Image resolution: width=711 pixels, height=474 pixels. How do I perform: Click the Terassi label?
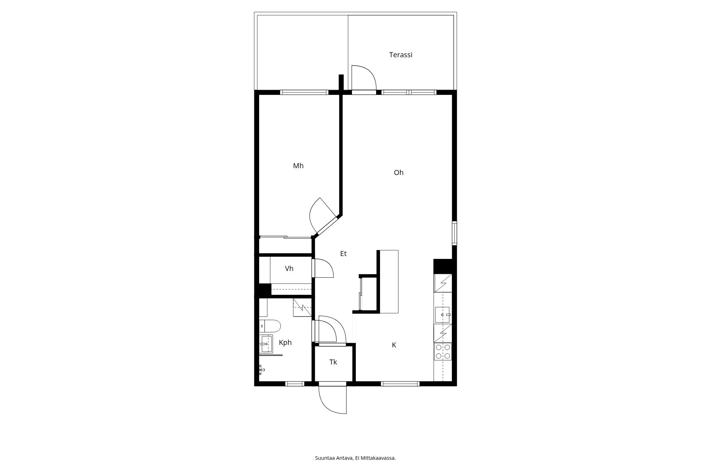click(401, 55)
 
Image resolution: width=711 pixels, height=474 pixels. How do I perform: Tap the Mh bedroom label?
click(298, 166)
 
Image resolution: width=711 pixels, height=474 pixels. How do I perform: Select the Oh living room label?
click(399, 172)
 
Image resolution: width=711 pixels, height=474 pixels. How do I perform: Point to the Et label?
click(343, 254)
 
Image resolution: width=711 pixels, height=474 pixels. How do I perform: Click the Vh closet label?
click(289, 268)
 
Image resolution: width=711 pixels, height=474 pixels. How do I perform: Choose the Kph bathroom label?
click(285, 342)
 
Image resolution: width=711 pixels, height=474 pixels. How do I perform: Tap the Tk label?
click(333, 362)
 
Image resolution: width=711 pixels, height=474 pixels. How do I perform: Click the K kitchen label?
click(394, 345)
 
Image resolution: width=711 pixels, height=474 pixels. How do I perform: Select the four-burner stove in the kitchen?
click(443, 351)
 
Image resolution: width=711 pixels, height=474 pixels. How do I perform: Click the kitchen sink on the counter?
click(442, 315)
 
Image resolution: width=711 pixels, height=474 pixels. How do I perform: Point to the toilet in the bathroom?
click(270, 325)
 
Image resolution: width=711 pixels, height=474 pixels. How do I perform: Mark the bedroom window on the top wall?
click(304, 92)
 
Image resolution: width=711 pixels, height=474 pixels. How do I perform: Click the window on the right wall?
click(454, 233)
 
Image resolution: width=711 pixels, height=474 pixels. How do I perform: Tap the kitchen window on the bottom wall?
click(400, 384)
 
